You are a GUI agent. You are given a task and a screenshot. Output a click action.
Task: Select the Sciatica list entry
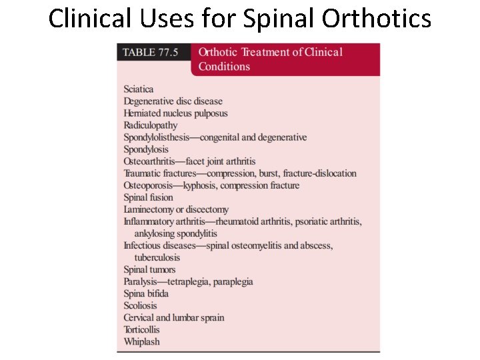pyautogui.click(x=139, y=89)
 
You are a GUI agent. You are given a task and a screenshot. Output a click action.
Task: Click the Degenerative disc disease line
pyautogui.click(x=173, y=101)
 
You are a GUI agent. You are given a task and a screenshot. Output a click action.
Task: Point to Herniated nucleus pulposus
pyautogui.click(x=175, y=113)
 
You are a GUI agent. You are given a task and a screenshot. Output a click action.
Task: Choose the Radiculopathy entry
pyautogui.click(x=151, y=125)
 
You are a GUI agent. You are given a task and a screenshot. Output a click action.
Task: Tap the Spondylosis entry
pyautogui.click(x=146, y=149)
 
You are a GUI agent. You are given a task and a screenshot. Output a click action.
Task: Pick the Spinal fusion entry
pyautogui.click(x=148, y=197)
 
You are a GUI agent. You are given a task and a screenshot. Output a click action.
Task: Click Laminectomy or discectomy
pyautogui.click(x=176, y=209)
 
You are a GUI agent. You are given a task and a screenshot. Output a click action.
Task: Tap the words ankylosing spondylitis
pyautogui.click(x=176, y=233)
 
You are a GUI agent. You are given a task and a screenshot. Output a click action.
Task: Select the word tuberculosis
pyautogui.click(x=157, y=257)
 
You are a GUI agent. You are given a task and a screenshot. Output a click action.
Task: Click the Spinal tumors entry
pyautogui.click(x=149, y=269)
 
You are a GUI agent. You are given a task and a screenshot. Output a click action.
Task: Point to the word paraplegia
pyautogui.click(x=231, y=281)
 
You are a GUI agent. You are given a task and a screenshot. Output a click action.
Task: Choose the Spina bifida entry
pyautogui.click(x=146, y=293)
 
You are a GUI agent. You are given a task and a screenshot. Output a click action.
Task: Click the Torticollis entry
pyautogui.click(x=142, y=329)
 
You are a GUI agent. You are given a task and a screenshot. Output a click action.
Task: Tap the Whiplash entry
pyautogui.click(x=141, y=341)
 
